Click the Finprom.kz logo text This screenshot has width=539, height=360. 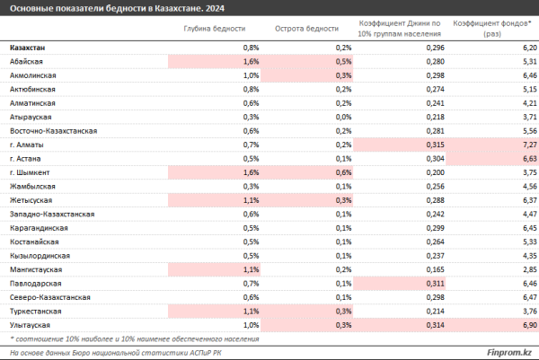pyautogui.click(x=509, y=353)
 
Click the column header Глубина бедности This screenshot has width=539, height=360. pyautogui.click(x=215, y=29)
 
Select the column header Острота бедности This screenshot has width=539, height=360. pyautogui.click(x=306, y=29)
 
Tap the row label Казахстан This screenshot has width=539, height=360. pyautogui.click(x=28, y=48)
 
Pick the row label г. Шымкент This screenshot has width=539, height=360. pyautogui.click(x=30, y=172)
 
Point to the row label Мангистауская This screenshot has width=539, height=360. pyautogui.click(x=36, y=269)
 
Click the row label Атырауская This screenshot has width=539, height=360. pyautogui.click(x=31, y=117)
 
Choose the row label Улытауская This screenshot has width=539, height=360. pyautogui.click(x=30, y=325)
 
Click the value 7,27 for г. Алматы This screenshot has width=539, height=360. pyautogui.click(x=530, y=145)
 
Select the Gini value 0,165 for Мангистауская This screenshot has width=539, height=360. pyautogui.click(x=435, y=269)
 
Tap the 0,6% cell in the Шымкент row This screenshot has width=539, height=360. pyautogui.click(x=343, y=172)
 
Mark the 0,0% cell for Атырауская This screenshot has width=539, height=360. pyautogui.click(x=343, y=117)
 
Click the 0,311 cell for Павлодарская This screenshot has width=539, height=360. pyautogui.click(x=435, y=284)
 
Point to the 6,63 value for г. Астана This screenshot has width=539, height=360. pyautogui.click(x=530, y=159)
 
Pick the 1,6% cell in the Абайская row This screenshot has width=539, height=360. pyautogui.click(x=251, y=62)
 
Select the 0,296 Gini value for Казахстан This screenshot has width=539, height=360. pyautogui.click(x=435, y=48)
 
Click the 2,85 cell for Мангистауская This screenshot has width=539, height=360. pyautogui.click(x=530, y=269)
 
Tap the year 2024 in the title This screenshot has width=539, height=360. pyautogui.click(x=215, y=8)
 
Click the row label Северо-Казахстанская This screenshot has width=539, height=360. pyautogui.click(x=49, y=297)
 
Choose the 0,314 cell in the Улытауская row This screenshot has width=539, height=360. pyautogui.click(x=435, y=325)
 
